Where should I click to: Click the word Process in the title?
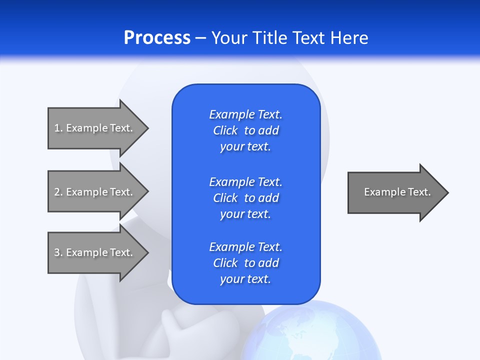click(157, 37)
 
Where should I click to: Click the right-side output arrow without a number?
click(395, 192)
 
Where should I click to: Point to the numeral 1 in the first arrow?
click(56, 128)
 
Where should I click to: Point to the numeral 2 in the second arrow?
click(57, 192)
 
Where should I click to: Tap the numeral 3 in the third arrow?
click(57, 252)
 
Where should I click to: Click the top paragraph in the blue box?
click(245, 130)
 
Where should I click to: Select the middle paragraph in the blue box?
click(245, 197)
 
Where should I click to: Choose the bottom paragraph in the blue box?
click(245, 263)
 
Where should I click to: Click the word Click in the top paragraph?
click(225, 130)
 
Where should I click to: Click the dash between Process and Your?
click(200, 37)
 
